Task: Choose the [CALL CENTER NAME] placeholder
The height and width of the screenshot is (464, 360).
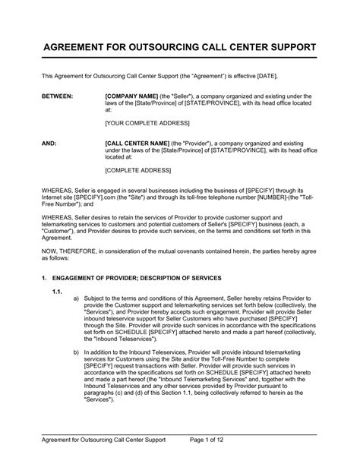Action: point(138,142)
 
